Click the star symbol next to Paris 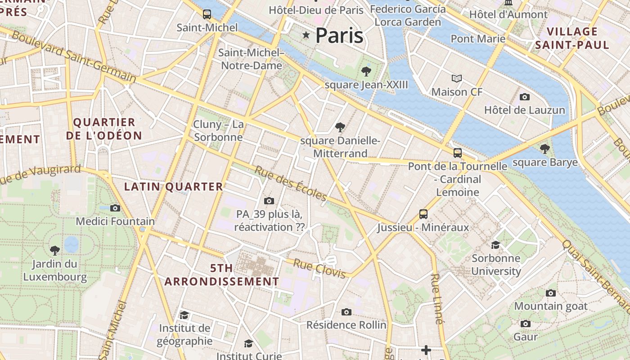point(306,35)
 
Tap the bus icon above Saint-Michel point(207,14)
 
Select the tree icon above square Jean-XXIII point(366,71)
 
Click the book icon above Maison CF point(457,79)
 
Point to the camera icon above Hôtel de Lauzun point(524,97)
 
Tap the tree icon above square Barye point(545,148)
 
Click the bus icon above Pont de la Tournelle point(458,153)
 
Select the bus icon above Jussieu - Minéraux point(423,214)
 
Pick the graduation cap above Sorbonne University point(495,245)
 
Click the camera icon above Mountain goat point(550,293)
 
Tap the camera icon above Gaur point(525,324)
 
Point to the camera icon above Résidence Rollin point(346,312)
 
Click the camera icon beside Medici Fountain point(115,208)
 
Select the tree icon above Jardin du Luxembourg point(55,250)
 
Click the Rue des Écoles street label point(291,184)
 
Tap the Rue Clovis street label point(319,268)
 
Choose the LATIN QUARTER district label point(173,186)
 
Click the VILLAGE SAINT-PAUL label point(572,38)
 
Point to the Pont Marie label point(478,39)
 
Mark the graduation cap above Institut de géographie point(184,315)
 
